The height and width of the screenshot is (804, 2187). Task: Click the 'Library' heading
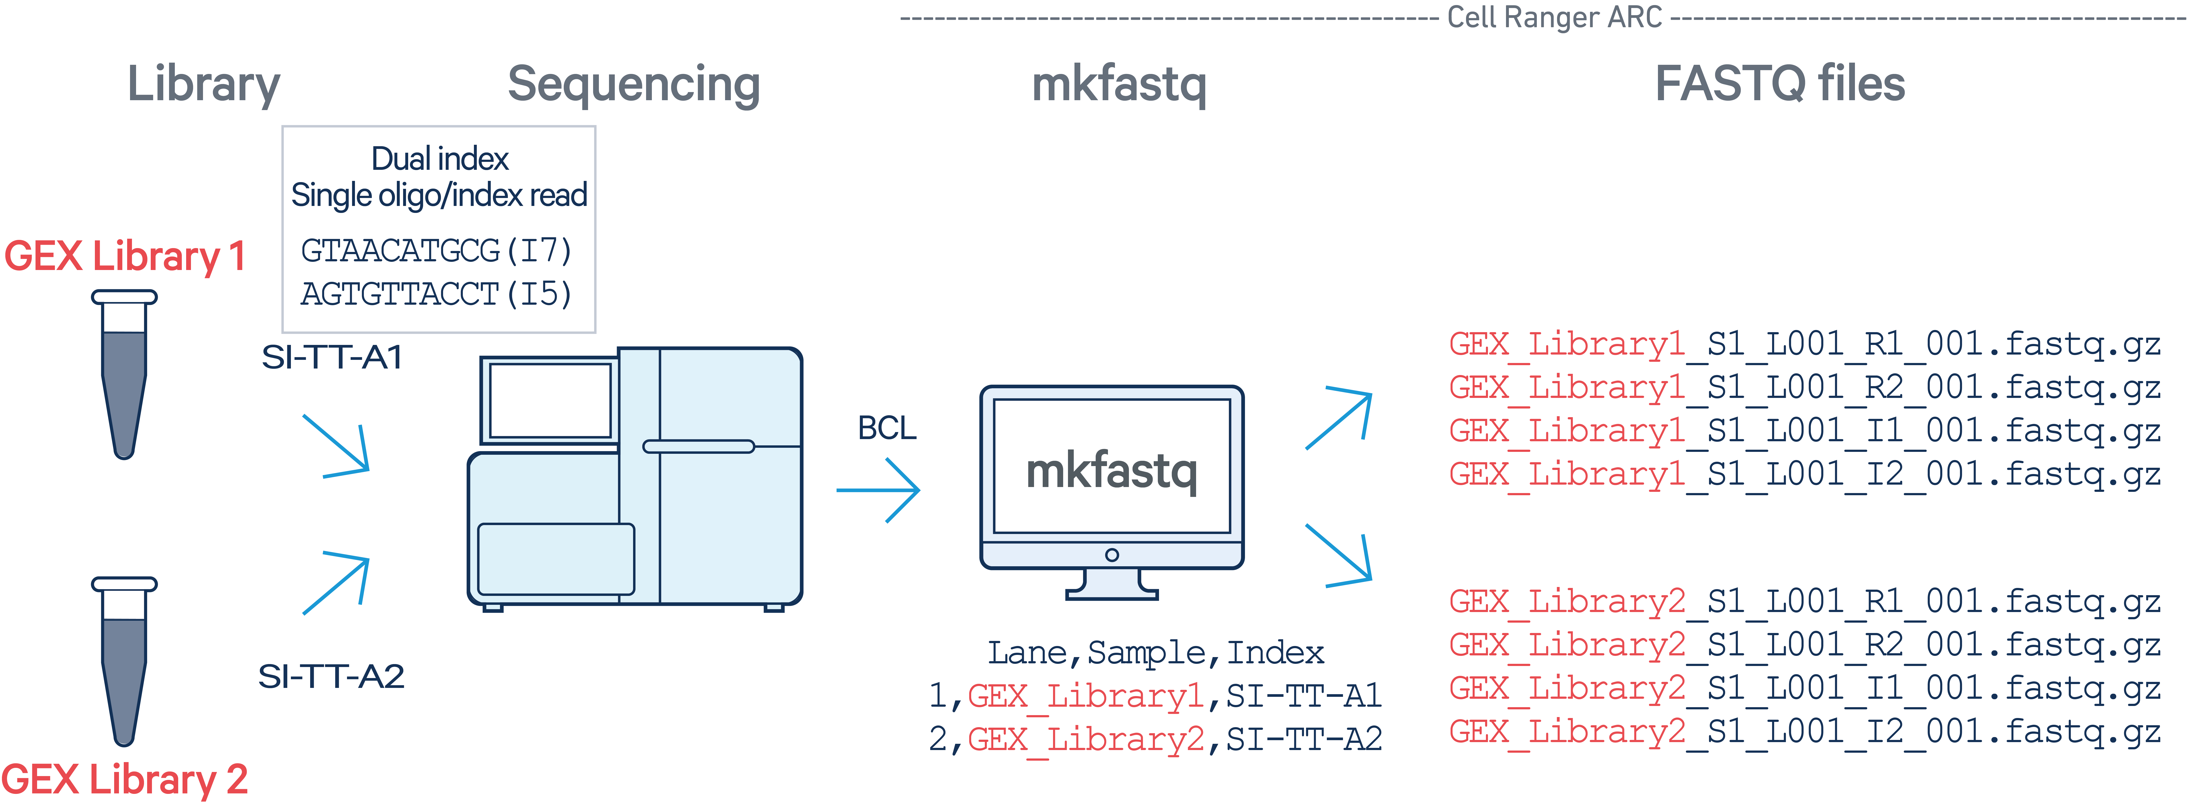[204, 85]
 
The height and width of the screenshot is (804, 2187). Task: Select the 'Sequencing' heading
[633, 85]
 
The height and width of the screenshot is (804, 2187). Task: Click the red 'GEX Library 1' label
[125, 256]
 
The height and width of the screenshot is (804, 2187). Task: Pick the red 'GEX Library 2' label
[125, 779]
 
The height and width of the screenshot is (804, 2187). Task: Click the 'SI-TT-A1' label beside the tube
[332, 357]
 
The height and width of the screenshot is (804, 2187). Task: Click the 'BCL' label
[887, 428]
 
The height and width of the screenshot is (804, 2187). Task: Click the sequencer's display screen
[550, 400]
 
